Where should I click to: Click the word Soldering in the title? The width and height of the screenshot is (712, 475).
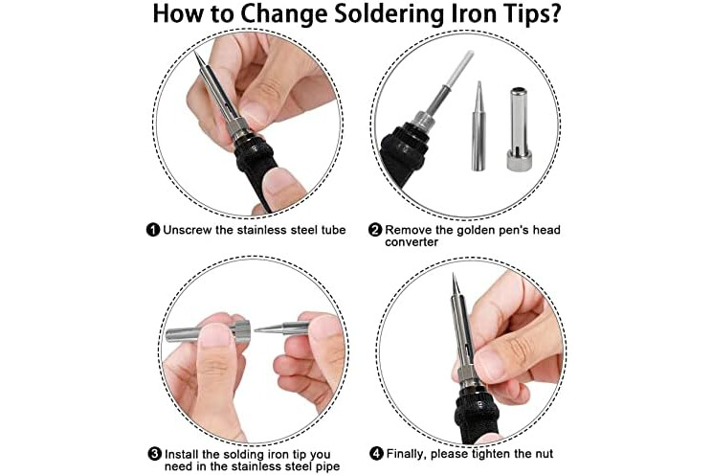(389, 13)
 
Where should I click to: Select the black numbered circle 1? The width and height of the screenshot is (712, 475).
(153, 230)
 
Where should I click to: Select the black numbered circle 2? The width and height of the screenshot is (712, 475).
(375, 230)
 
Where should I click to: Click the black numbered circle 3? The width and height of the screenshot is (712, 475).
(155, 454)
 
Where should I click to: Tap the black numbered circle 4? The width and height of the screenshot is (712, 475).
(376, 453)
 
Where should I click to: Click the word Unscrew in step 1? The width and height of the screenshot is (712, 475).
(187, 230)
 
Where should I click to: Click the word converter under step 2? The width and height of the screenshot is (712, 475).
(412, 242)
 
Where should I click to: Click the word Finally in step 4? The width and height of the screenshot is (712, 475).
(407, 454)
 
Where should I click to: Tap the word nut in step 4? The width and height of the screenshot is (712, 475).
(543, 454)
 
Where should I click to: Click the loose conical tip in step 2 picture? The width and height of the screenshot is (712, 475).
(478, 126)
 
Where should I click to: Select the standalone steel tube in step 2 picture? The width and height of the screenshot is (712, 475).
(519, 129)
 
